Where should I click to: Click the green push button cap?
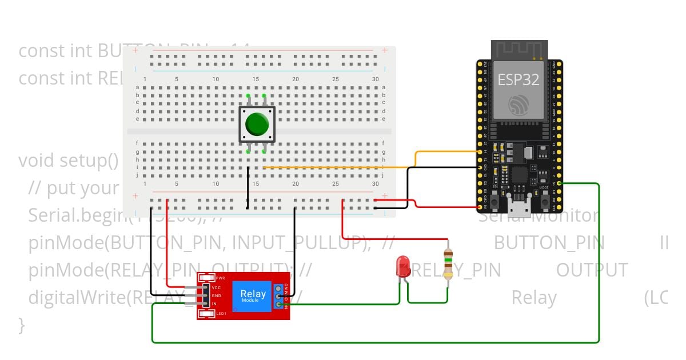click(x=257, y=123)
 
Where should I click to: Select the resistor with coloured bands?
click(x=448, y=264)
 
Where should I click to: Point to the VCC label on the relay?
click(x=216, y=287)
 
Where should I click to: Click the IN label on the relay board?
click(x=214, y=303)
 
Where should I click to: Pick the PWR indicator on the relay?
click(x=220, y=278)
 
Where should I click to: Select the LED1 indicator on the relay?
click(x=221, y=313)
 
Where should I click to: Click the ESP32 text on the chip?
click(x=518, y=79)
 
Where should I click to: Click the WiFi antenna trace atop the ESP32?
click(x=520, y=50)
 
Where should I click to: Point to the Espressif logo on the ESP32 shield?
click(x=519, y=104)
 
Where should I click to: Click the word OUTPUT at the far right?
click(x=592, y=270)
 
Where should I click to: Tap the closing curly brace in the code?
click(x=22, y=325)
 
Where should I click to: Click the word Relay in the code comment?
click(x=533, y=298)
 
